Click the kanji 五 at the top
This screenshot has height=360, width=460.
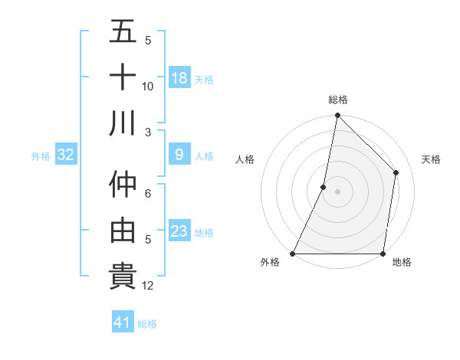click(123, 33)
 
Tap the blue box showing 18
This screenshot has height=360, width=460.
click(179, 78)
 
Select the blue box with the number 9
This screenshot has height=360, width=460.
click(179, 155)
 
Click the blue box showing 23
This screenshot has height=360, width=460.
click(179, 231)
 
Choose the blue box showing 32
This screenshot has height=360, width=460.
click(66, 155)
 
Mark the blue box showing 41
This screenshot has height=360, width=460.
click(123, 323)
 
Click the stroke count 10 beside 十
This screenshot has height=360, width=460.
click(148, 86)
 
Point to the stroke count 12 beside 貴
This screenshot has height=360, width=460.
click(148, 286)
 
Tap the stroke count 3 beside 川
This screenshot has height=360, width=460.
click(148, 132)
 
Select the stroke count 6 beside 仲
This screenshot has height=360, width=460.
click(148, 194)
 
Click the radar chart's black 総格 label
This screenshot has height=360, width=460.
click(337, 100)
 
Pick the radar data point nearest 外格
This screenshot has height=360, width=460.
click(293, 254)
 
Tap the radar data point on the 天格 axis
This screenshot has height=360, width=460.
click(396, 172)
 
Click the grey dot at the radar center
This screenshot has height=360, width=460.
click(337, 191)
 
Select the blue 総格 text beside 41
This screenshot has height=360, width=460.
click(147, 324)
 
